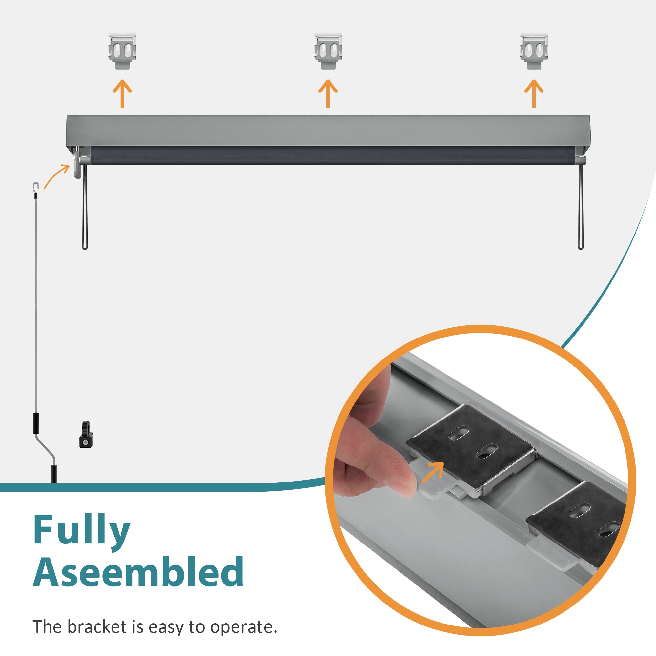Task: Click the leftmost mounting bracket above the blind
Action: pyautogui.click(x=122, y=51)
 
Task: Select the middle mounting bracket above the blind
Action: pyautogui.click(x=328, y=51)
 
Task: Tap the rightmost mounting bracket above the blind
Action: pyautogui.click(x=534, y=51)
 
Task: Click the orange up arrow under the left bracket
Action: pyautogui.click(x=122, y=94)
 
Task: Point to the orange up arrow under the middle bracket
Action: pyautogui.click(x=328, y=94)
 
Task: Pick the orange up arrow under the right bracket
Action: pyautogui.click(x=534, y=94)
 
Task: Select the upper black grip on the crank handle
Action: pyautogui.click(x=36, y=423)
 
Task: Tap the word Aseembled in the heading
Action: pyautogui.click(x=138, y=573)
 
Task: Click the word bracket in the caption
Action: pyautogui.click(x=97, y=627)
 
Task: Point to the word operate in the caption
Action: pyautogui.click(x=243, y=627)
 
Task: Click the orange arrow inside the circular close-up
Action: pyautogui.click(x=433, y=472)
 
